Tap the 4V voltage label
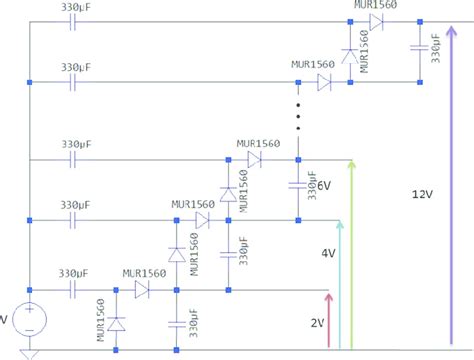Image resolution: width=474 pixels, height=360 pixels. point(327,254)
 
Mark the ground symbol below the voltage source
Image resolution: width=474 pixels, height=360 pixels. point(30,353)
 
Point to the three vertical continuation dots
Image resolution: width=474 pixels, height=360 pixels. point(298,115)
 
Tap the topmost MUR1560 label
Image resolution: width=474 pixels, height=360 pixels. point(375,6)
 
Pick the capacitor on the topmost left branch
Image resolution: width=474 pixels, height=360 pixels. point(75,21)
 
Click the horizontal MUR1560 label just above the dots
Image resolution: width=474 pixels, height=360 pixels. point(313,67)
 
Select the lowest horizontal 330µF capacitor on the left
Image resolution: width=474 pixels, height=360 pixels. point(75,290)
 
